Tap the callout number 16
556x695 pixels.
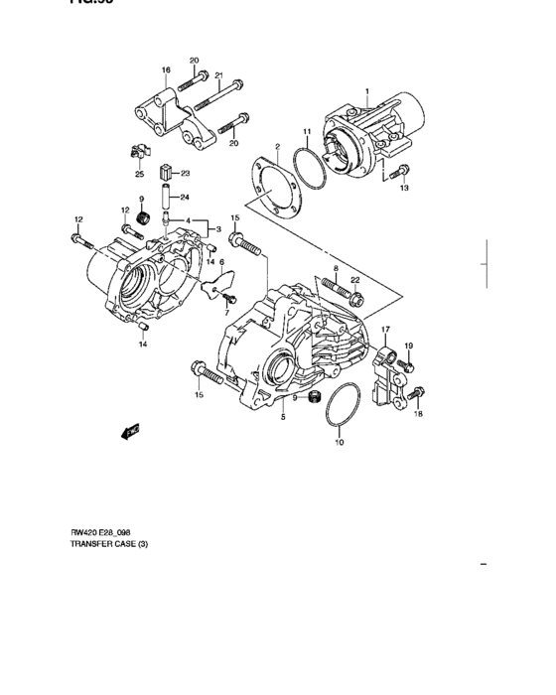(166, 70)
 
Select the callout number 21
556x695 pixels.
(218, 75)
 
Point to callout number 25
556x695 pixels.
(139, 174)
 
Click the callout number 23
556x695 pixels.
(185, 173)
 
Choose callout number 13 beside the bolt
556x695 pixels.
(404, 187)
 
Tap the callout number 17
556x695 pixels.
(386, 329)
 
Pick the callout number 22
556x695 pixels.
(354, 280)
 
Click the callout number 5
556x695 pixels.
(283, 418)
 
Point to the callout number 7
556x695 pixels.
(225, 313)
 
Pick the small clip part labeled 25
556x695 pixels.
(140, 152)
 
